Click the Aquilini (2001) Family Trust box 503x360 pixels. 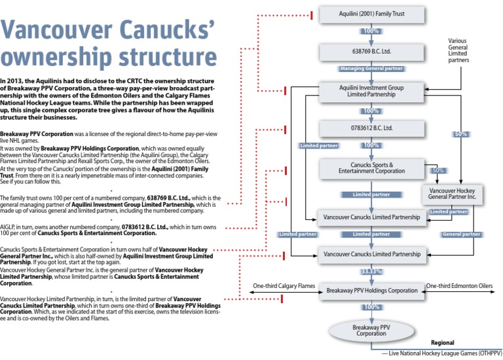(371, 13)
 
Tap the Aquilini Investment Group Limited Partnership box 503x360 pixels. (371, 91)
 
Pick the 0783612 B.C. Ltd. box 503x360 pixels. (371, 128)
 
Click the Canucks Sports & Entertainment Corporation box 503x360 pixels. (371, 168)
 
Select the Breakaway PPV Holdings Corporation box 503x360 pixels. (371, 290)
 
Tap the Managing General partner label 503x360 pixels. (371, 68)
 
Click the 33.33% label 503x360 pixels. (371, 271)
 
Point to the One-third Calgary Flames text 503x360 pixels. (284, 286)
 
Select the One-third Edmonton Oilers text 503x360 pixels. (458, 286)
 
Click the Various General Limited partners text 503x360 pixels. (458, 50)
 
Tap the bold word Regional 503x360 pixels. (443, 343)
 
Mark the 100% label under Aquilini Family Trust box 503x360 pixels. (371, 31)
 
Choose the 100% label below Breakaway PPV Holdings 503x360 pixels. (371, 306)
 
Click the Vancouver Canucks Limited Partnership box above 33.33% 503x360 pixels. (371, 253)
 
